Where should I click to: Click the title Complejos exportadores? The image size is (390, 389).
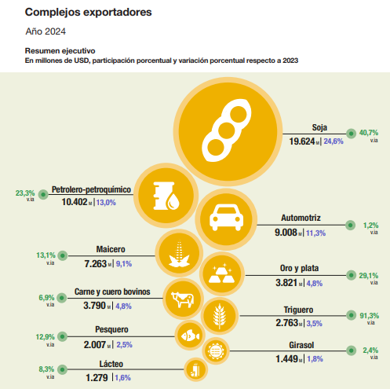[88, 12]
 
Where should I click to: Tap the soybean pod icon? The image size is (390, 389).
[227, 130]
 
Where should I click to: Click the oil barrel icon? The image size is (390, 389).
[166, 196]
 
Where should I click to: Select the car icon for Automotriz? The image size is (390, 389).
[226, 218]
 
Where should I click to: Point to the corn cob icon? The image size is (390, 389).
[179, 254]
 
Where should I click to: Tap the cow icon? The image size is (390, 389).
[183, 299]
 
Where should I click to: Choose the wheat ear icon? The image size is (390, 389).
[219, 316]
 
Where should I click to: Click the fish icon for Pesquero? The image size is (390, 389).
[190, 336]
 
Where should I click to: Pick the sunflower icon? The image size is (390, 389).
[216, 350]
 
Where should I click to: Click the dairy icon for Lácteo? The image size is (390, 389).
[196, 369]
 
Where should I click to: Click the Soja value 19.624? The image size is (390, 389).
[302, 141]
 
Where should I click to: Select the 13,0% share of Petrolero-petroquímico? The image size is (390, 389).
[106, 203]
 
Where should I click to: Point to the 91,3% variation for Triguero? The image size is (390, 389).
[369, 316]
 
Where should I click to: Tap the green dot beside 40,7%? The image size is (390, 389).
[351, 134]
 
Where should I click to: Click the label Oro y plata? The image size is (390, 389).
[299, 268]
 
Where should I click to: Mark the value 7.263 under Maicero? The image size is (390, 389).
[96, 264]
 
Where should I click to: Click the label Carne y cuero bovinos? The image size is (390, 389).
[112, 292]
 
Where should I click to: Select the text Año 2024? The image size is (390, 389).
[46, 31]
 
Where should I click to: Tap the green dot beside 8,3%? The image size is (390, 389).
[62, 369]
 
